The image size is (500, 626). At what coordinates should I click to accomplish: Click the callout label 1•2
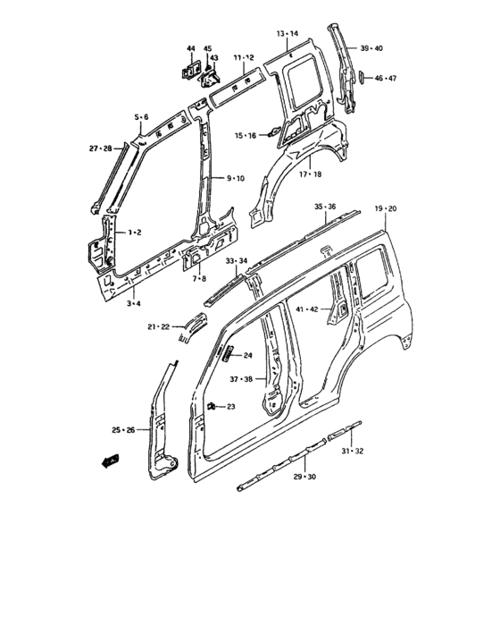134,233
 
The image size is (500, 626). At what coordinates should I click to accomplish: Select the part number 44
190,47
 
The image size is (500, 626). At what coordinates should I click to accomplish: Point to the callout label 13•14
287,33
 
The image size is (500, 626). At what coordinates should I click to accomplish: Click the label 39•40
371,47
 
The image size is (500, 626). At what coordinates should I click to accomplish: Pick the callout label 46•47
386,80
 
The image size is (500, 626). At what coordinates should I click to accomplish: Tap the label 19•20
387,208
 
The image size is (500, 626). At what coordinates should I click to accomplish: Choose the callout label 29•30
305,478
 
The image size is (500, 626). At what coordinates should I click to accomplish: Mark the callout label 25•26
124,431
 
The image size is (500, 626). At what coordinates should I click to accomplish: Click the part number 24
247,354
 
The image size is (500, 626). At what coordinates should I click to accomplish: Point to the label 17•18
310,174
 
